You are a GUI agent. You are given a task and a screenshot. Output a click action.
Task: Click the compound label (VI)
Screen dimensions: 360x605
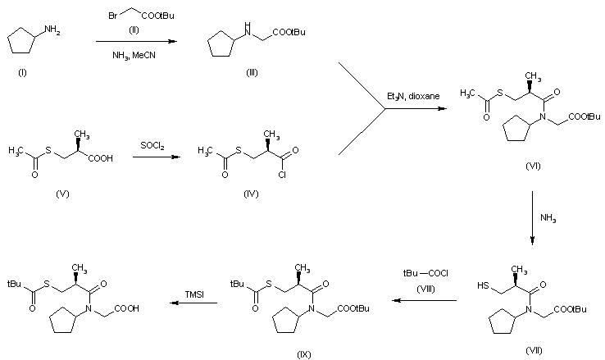click(x=533, y=166)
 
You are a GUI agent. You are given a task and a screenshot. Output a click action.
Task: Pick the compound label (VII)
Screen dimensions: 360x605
click(x=533, y=349)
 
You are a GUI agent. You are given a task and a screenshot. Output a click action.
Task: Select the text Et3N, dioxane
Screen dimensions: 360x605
click(x=414, y=97)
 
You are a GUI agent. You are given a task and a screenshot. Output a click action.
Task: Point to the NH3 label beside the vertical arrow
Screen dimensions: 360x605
click(x=548, y=217)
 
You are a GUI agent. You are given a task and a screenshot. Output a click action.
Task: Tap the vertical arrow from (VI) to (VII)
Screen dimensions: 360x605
click(x=533, y=217)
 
